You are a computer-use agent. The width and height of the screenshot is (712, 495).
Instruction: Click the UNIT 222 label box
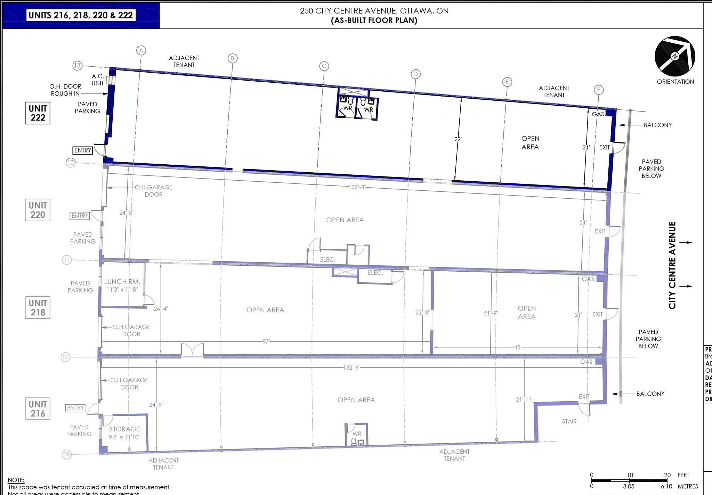pos(38,113)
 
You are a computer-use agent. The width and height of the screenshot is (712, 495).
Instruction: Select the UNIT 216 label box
pos(38,409)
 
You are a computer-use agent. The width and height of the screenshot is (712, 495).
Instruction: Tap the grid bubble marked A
pos(141,50)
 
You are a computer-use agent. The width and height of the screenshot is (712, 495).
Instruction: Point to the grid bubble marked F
pos(598,90)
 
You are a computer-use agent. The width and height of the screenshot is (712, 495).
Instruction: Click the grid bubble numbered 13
pos(77,65)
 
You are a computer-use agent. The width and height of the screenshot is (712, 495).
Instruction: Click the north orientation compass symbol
pos(674,56)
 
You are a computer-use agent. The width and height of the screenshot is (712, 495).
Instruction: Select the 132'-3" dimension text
pos(357,187)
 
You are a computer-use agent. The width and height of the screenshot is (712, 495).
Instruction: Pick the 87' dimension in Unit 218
pos(266,341)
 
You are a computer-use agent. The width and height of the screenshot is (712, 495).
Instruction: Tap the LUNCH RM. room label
pos(122,282)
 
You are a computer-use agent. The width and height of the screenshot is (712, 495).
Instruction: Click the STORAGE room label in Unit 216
pos(124,429)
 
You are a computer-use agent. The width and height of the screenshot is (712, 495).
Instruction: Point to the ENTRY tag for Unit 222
pos(83,150)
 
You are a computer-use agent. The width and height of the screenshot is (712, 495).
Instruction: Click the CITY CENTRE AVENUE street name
pos(672,265)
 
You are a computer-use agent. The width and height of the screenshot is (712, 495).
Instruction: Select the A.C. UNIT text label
pos(98,80)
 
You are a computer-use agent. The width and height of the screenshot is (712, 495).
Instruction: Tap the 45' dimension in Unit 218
pos(517,347)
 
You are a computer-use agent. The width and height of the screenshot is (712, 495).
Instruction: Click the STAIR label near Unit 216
pos(569,421)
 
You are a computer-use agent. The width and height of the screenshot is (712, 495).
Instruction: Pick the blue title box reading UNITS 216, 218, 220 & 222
pos(81,15)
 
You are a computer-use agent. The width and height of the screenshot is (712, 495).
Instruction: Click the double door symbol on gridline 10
pos(192,350)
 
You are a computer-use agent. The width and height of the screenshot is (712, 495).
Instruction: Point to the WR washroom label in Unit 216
pos(357,434)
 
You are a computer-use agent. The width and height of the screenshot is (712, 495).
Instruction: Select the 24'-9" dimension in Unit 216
pos(156,405)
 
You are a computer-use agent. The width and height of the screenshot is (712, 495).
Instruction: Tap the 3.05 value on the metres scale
pos(629,487)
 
